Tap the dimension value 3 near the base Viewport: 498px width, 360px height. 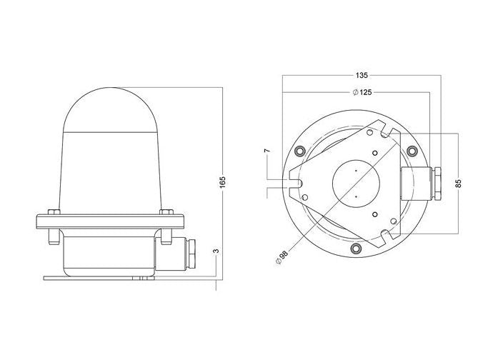215,252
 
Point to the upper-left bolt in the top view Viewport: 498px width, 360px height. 299,150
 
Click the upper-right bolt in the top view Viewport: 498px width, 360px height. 412,151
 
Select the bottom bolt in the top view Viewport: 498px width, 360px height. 356,249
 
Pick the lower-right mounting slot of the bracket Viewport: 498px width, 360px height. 387,234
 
